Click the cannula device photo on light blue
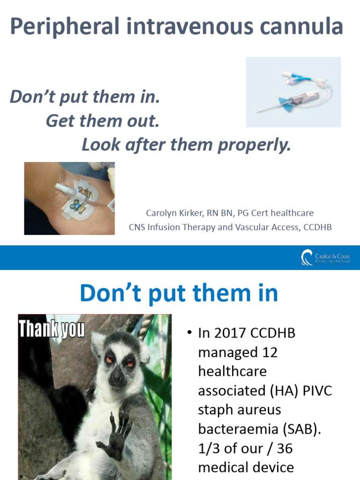[293, 92]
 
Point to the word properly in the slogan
[255, 145]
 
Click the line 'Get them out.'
[103, 121]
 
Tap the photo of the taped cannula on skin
[69, 198]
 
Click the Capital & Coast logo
[325, 258]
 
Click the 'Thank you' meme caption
[52, 330]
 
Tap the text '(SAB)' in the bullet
[301, 429]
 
